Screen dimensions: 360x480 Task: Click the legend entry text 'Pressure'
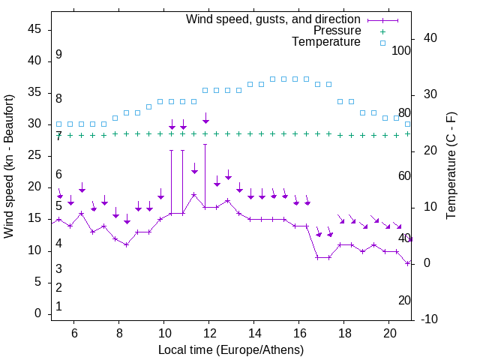[337, 31]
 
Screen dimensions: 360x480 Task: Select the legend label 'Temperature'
[326, 42]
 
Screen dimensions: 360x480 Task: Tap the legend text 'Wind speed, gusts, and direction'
[274, 19]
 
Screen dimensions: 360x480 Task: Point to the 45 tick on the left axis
[34, 29]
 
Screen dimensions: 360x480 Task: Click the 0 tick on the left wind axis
[38, 313]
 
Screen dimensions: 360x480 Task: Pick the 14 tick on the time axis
[254, 334]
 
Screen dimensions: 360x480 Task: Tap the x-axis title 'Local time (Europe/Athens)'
[231, 349]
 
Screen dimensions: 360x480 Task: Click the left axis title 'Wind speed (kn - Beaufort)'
[9, 166]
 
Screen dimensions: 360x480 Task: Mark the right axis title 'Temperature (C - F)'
[451, 166]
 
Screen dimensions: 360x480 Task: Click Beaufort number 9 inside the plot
[58, 55]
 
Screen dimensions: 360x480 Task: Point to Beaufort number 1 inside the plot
[58, 306]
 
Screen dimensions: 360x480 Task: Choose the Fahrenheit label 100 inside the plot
[401, 51]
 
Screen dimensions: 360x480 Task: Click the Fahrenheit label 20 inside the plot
[404, 300]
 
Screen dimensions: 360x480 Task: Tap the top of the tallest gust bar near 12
[205, 145]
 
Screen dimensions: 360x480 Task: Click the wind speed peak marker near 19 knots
[194, 194]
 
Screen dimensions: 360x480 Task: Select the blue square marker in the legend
[382, 43]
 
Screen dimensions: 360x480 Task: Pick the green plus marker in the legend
[382, 31]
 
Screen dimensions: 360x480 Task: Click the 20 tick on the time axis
[390, 334]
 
